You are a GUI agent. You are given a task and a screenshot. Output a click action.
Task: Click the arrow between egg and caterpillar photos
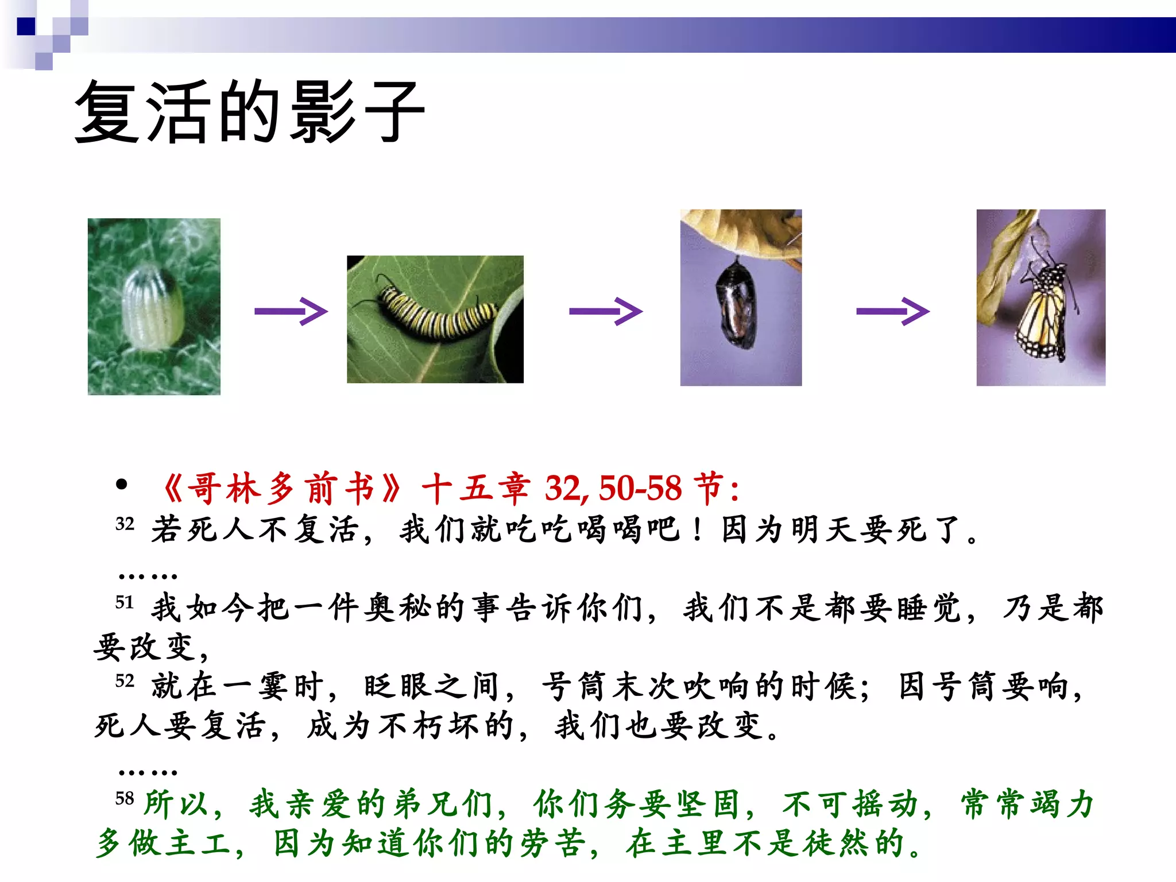(291, 312)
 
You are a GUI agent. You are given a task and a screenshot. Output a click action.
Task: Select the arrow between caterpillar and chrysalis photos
(605, 312)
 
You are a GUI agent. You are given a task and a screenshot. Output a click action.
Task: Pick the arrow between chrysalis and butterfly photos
(892, 312)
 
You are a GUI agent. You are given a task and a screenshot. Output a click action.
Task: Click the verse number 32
(125, 524)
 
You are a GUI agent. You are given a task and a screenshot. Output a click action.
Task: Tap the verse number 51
(125, 602)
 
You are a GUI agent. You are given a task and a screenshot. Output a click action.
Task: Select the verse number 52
(125, 681)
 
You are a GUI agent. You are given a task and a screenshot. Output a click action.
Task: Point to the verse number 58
(125, 799)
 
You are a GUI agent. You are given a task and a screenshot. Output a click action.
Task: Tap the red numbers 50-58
(640, 489)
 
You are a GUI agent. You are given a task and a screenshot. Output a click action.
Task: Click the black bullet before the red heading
(121, 485)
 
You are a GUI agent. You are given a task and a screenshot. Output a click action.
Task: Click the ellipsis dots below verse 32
(148, 575)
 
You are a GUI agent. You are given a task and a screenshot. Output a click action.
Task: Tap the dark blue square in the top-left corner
(26, 26)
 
